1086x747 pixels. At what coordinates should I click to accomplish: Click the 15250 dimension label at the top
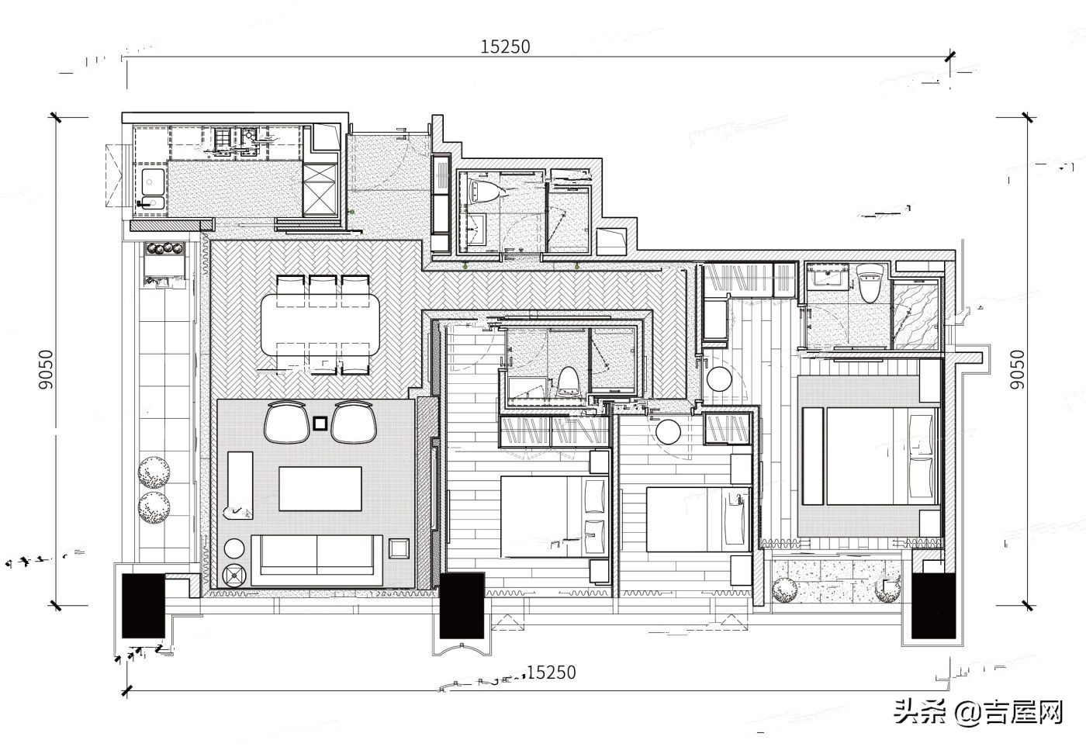(x=505, y=47)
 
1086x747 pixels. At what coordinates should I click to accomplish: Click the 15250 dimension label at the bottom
(x=551, y=672)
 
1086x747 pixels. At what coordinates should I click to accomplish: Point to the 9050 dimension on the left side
(x=46, y=369)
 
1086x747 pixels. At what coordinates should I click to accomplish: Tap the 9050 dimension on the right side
(x=1017, y=369)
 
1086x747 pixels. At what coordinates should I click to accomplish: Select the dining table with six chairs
(x=320, y=324)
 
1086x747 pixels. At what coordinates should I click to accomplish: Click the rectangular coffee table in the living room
(x=320, y=489)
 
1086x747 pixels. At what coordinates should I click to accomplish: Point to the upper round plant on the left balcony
(x=154, y=471)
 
